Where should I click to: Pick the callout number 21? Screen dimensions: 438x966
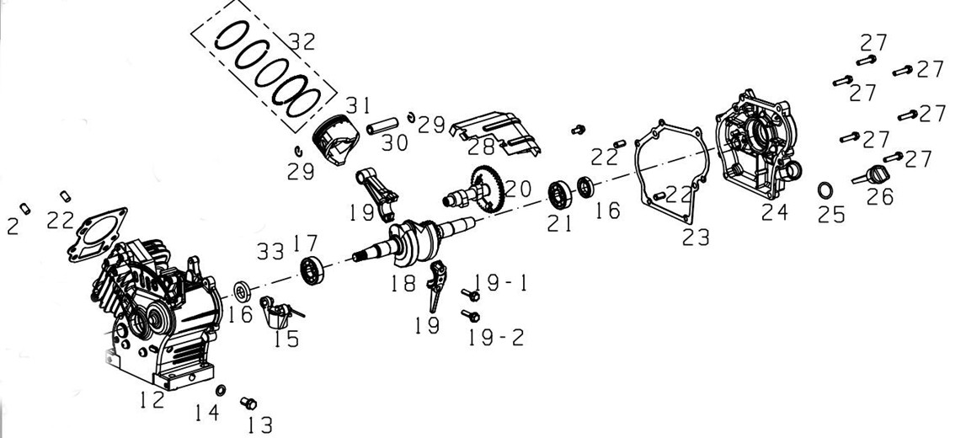coord(559,223)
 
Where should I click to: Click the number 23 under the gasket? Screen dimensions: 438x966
coord(696,237)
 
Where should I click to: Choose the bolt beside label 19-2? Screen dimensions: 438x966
coord(470,316)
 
